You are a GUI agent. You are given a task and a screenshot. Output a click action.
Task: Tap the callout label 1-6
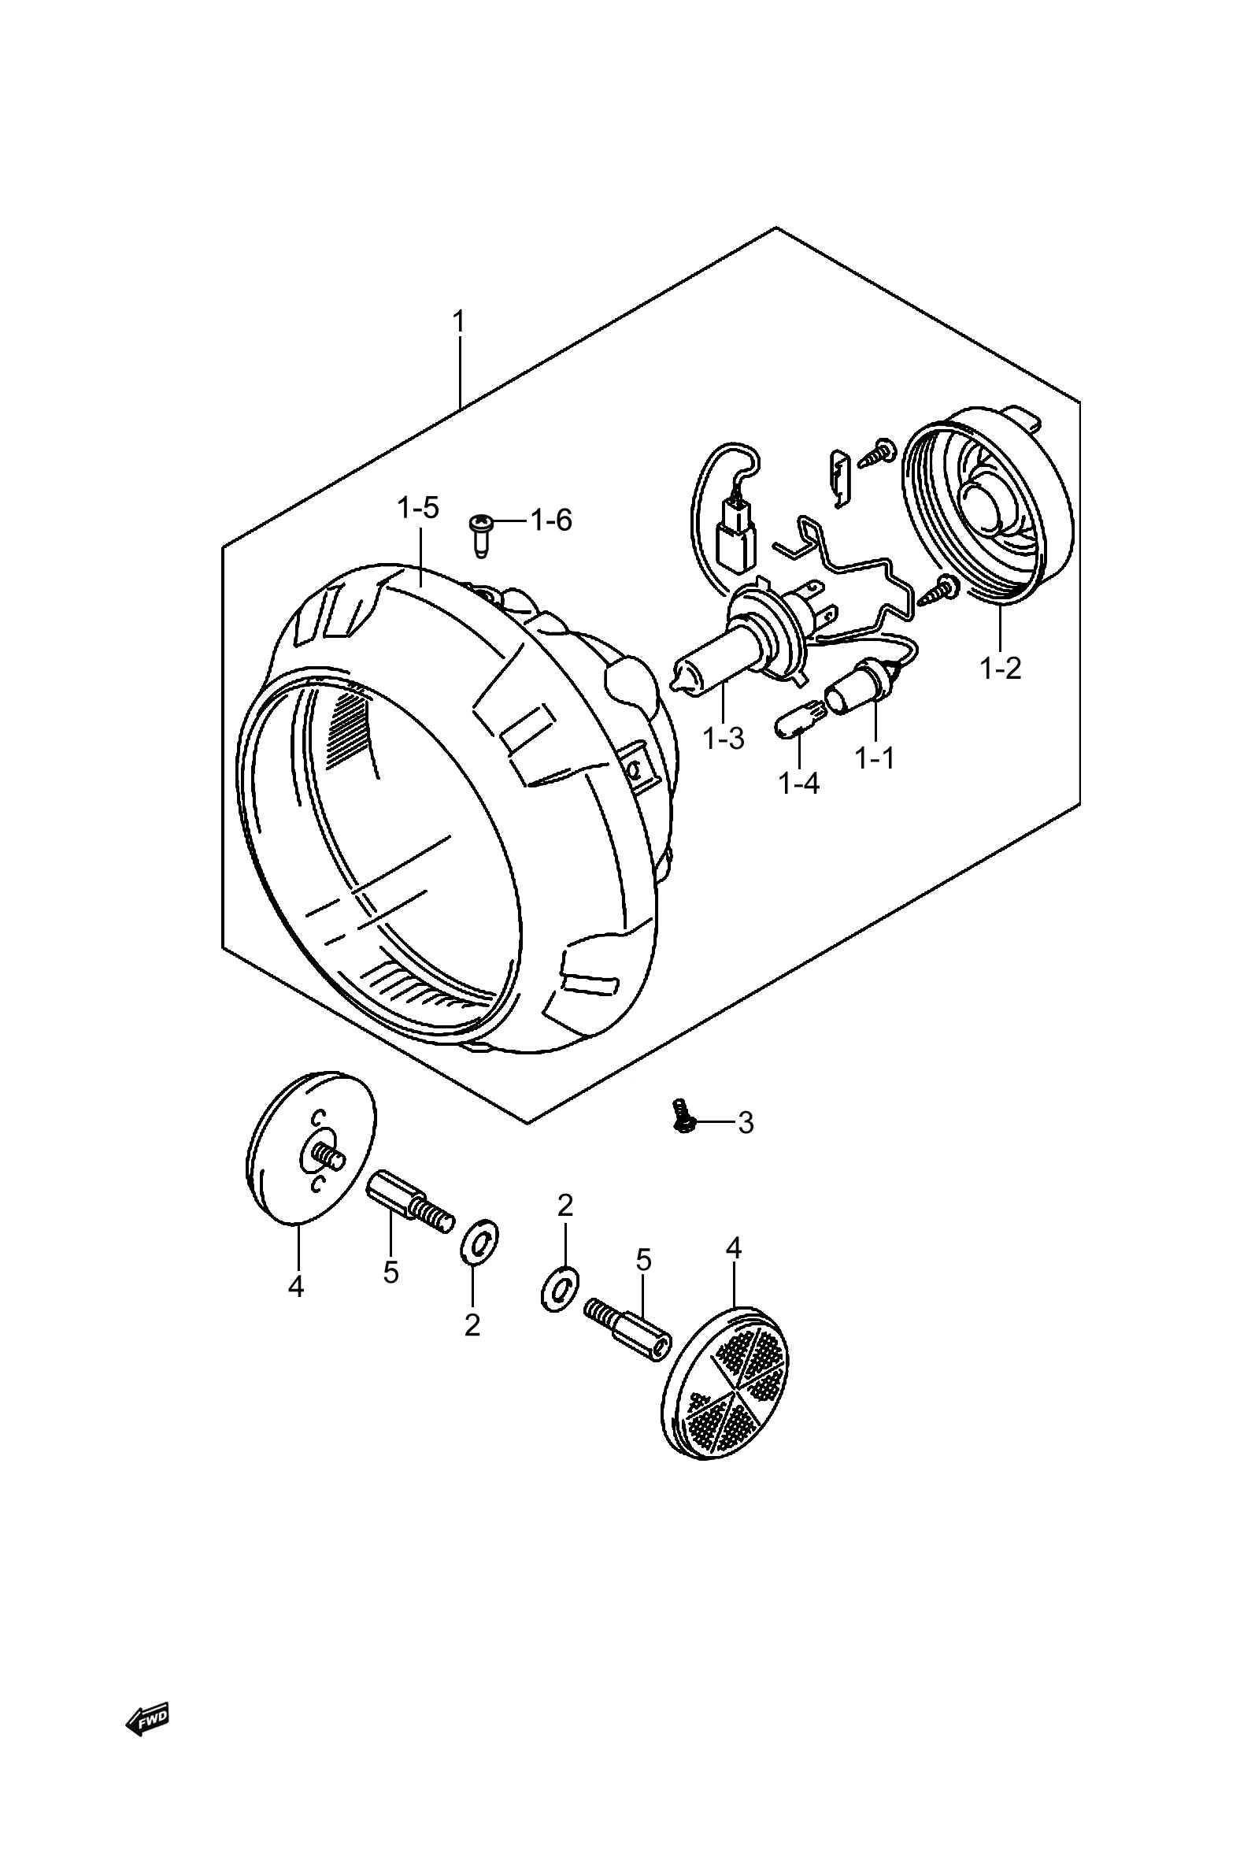pos(551,521)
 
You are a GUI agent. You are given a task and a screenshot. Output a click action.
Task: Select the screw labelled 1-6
pos(481,535)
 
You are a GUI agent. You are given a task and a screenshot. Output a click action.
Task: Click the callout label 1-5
pos(418,508)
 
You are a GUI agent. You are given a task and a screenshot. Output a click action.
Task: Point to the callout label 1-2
pos(1001,669)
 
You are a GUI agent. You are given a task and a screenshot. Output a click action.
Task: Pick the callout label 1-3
pos(724,739)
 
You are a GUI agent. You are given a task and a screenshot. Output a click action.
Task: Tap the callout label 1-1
pos(875,758)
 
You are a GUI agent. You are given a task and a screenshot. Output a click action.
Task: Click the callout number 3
pos(746,1122)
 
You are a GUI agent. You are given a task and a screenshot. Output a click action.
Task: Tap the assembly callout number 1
pos(458,322)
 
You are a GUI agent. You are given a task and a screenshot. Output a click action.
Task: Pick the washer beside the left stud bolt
pos(480,1242)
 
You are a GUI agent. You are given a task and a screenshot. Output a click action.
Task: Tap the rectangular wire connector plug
pos(735,543)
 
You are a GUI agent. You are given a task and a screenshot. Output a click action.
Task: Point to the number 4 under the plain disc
pos(296,1287)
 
